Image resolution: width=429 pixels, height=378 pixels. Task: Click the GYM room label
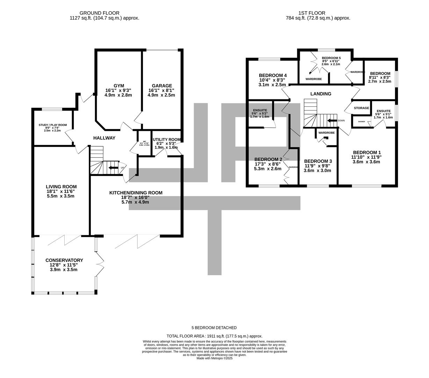tap(119, 86)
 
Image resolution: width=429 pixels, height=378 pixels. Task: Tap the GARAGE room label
tap(162, 86)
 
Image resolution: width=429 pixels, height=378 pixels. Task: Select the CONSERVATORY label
tap(64, 260)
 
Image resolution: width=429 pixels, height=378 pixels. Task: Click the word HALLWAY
tap(104, 138)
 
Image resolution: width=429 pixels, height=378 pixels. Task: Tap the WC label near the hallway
tap(144, 142)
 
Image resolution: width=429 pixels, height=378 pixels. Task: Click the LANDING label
tap(321, 94)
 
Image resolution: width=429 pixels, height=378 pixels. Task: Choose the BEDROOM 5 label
tap(331, 58)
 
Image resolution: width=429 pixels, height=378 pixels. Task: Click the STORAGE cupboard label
tap(361, 108)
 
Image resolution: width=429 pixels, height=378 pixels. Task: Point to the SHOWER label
tap(361, 121)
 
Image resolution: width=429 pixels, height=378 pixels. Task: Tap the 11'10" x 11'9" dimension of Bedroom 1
tap(366, 157)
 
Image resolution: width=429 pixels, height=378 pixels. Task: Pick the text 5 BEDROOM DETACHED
tap(214, 328)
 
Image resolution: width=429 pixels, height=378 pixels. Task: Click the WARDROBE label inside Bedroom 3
tap(326, 133)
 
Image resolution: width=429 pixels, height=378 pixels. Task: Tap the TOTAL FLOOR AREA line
tap(214, 336)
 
